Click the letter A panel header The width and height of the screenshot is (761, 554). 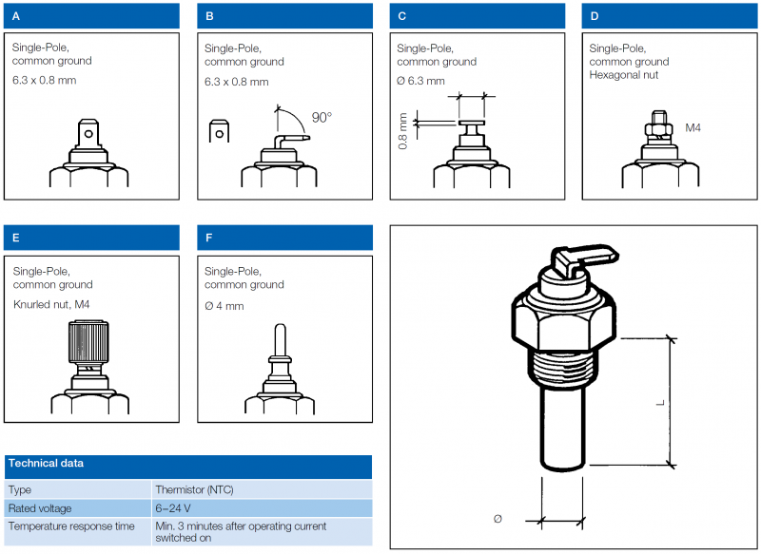coord(91,15)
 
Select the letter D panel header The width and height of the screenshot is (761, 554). coord(670,15)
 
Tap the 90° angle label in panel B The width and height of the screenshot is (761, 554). coord(322,118)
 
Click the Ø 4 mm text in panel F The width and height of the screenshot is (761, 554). coord(224,306)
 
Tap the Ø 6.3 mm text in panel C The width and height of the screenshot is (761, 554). coord(420,81)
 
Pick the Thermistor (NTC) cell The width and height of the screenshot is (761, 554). coord(194,489)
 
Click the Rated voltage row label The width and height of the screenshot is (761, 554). coord(40,508)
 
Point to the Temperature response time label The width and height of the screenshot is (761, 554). coord(71,525)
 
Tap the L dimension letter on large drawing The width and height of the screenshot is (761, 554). coord(659,403)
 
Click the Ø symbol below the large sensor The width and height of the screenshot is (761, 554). coord(498,519)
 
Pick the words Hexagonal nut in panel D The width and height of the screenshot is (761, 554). coord(624,75)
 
